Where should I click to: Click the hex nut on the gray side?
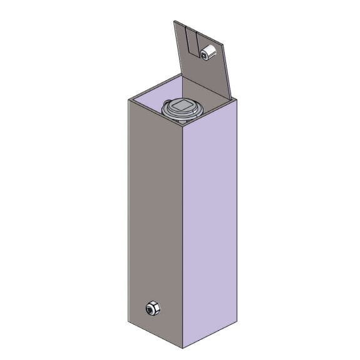[152, 308]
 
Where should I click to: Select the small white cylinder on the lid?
[209, 53]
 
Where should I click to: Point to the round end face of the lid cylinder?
[205, 54]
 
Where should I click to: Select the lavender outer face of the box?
[210, 225]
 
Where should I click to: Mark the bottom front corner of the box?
[182, 347]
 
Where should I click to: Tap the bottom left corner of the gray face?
[128, 322]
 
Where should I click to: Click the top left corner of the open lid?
[173, 22]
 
